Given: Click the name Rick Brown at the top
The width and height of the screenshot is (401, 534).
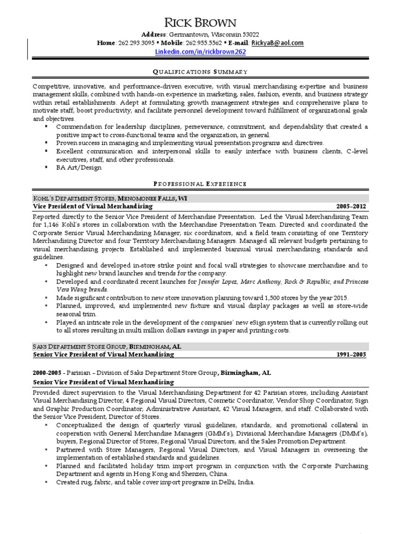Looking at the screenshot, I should pyautogui.click(x=200, y=22).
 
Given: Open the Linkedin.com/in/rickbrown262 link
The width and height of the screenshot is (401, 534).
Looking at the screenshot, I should pyautogui.click(x=200, y=52).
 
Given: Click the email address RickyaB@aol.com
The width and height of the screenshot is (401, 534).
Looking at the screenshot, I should pyautogui.click(x=277, y=43).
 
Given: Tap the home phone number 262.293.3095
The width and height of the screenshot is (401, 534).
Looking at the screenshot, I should pyautogui.click(x=136, y=43).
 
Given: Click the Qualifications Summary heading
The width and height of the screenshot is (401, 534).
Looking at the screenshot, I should pyautogui.click(x=200, y=71).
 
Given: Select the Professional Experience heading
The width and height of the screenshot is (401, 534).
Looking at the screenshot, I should pyautogui.click(x=200, y=184).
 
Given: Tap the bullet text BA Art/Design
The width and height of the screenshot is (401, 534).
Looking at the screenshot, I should pyautogui.click(x=79, y=167).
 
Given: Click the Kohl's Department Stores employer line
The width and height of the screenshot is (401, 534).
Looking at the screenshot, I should pyautogui.click(x=110, y=198).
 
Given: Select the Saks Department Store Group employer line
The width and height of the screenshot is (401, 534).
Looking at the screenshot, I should pyautogui.click(x=107, y=346).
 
